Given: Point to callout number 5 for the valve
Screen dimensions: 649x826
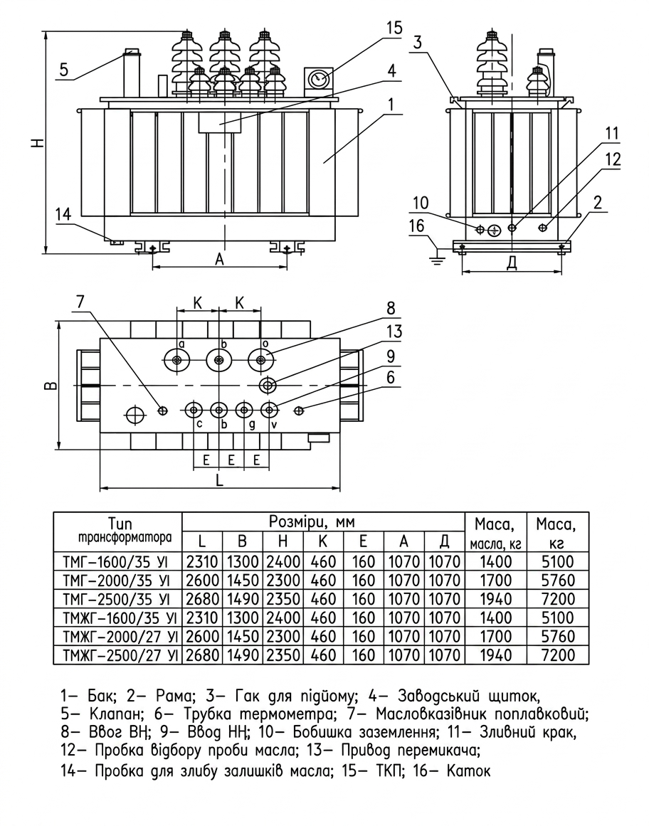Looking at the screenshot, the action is pos(64,70).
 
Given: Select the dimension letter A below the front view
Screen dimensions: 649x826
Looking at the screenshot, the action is pos(220,259).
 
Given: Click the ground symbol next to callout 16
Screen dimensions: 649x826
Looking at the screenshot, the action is pos(437,258).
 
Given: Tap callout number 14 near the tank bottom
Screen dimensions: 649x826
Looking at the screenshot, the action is pos(63,214).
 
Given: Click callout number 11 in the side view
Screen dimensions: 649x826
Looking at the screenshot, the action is pos(611,134).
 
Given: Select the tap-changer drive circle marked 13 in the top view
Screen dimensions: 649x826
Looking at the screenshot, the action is pos(268,386).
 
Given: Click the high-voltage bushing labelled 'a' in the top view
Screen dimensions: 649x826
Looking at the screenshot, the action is pos(176,361).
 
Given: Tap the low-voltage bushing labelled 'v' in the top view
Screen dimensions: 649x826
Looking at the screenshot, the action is pos(270,410).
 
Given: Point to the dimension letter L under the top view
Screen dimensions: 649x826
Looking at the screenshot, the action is pos(220,480).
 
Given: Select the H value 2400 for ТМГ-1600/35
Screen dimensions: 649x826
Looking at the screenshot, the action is pos(283,561).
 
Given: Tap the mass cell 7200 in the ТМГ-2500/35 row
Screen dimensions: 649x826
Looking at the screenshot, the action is pos(559,599).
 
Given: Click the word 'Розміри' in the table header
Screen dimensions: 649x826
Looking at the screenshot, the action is pos(295,522).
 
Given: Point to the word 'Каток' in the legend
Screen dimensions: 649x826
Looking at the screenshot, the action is pos(469,772).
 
